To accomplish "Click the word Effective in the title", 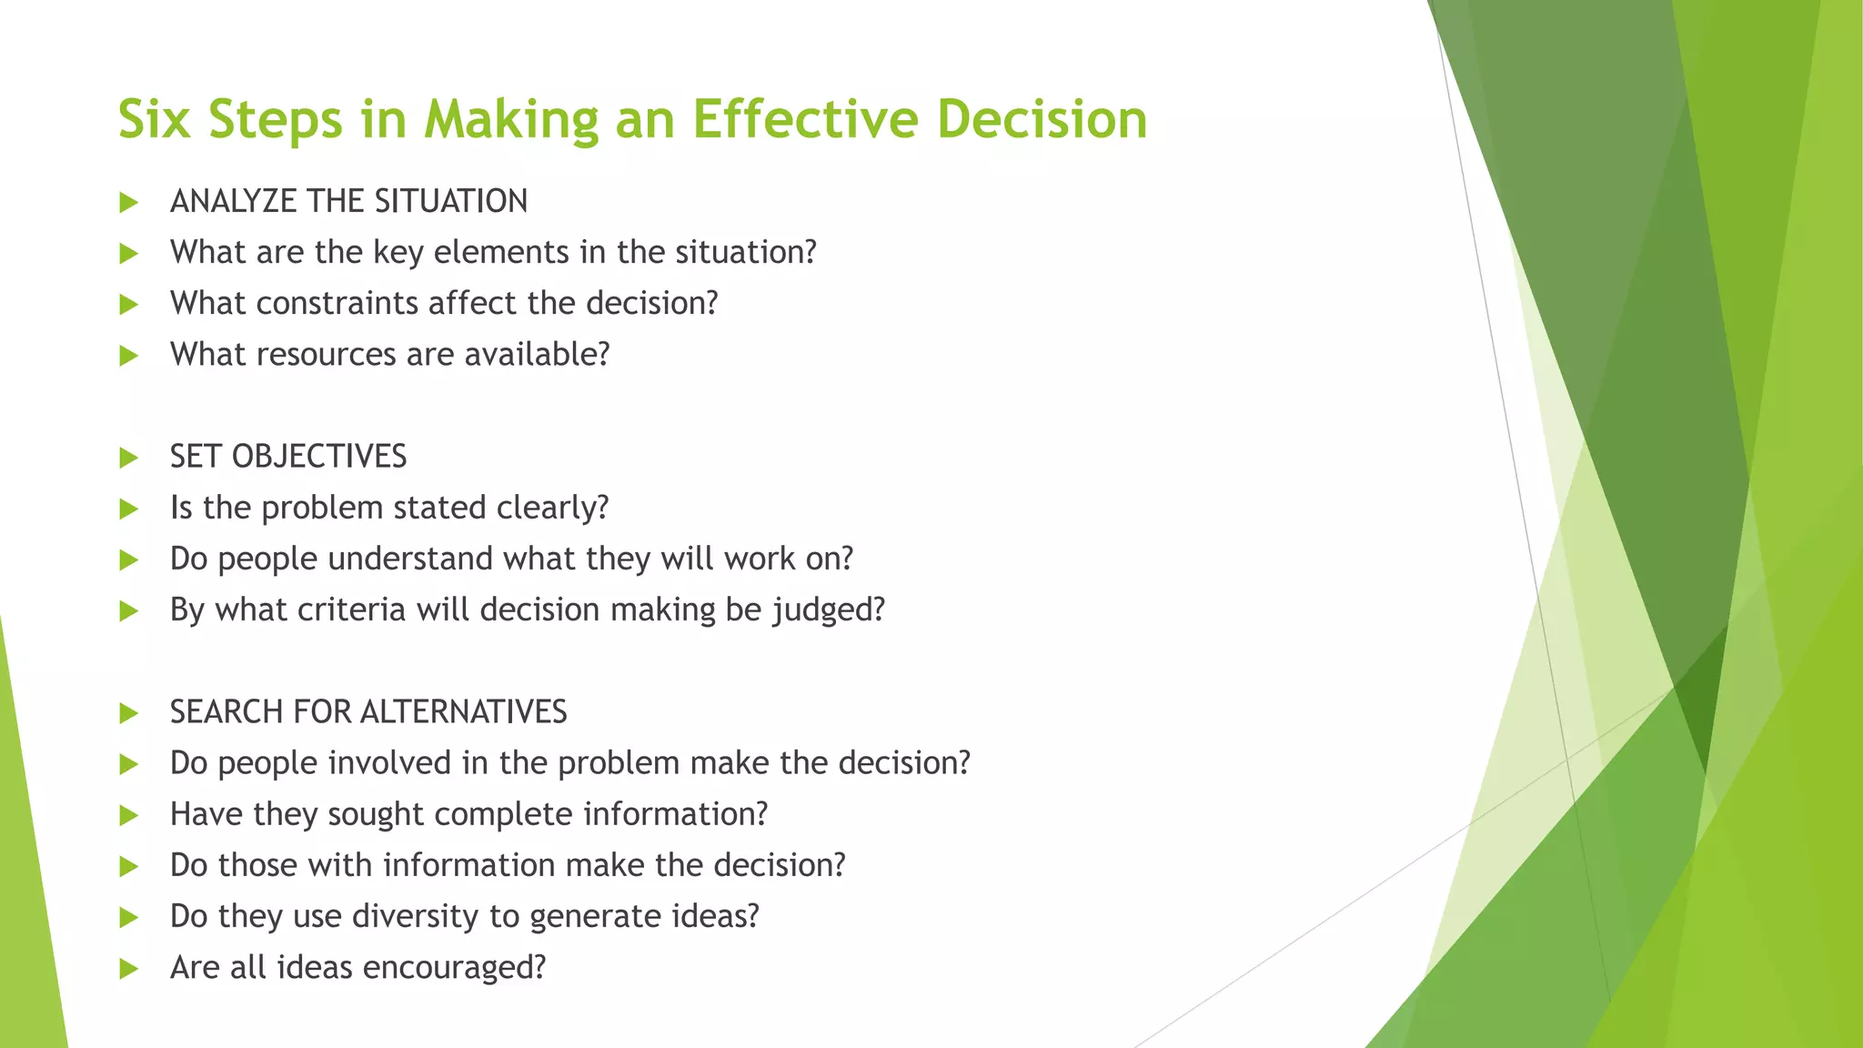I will click(x=804, y=119).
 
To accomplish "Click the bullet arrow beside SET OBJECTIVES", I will click(x=128, y=458).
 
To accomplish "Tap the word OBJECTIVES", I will click(x=319, y=457).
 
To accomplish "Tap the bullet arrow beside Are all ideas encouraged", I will click(x=128, y=969).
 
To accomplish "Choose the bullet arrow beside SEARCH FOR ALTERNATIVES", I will click(x=128, y=713).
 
